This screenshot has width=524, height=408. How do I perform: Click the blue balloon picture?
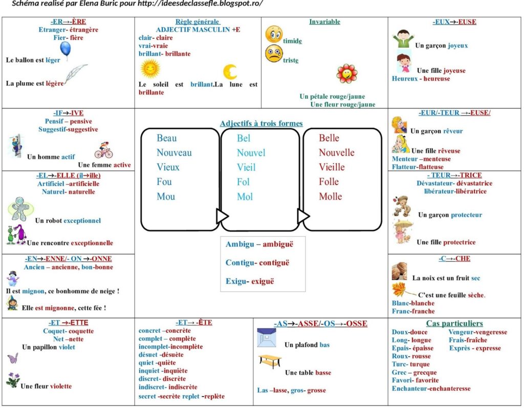click(x=65, y=49)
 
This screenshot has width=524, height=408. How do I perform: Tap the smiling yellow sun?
click(x=150, y=68)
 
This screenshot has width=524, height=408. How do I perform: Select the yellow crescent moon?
click(x=230, y=72)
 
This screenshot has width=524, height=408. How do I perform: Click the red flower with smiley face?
click(x=347, y=74)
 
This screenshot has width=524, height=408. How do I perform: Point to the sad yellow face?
click(x=274, y=54)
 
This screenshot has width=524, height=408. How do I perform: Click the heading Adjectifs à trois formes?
click(x=261, y=123)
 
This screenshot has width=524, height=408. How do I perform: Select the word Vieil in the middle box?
click(x=246, y=167)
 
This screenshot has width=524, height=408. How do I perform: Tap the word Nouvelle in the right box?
click(x=336, y=153)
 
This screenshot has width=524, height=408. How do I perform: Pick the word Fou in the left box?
click(x=164, y=182)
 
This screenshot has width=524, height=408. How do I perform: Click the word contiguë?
click(x=274, y=263)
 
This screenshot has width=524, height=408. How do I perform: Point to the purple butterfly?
click(x=13, y=358)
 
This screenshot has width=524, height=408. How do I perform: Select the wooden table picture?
click(x=269, y=361)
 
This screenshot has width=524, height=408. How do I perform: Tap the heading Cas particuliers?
click(x=454, y=324)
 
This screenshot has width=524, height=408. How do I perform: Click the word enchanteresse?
click(x=450, y=389)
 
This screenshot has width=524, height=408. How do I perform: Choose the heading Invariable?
click(x=324, y=22)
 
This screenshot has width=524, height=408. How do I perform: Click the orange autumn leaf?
click(x=400, y=290)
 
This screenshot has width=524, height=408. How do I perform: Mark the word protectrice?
click(x=459, y=242)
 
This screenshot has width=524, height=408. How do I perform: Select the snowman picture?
click(x=13, y=278)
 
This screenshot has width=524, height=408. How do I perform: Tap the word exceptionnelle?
click(x=92, y=243)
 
